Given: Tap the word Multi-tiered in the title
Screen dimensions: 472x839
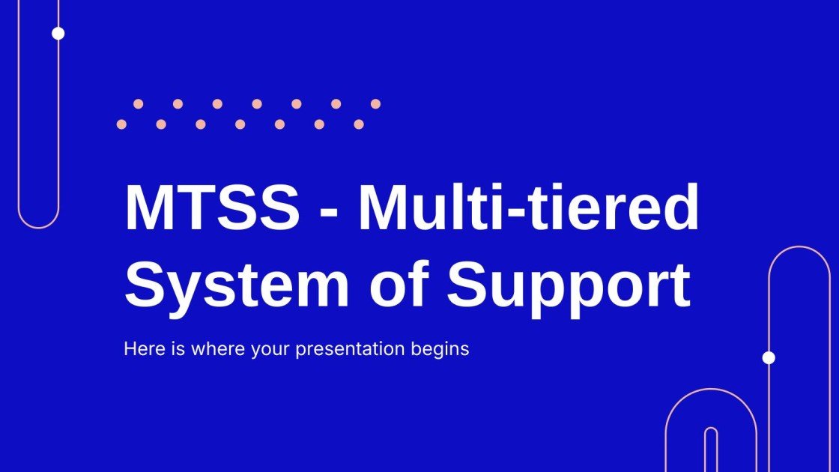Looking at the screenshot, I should (x=528, y=209).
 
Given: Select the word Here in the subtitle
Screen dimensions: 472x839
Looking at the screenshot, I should (x=139, y=348).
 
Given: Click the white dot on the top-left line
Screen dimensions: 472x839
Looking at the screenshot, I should (x=58, y=33).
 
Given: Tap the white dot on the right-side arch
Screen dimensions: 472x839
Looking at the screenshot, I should (x=769, y=357).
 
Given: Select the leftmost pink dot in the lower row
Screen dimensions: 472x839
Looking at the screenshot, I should (x=121, y=124).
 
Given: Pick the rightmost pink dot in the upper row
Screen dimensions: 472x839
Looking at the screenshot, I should (x=375, y=104).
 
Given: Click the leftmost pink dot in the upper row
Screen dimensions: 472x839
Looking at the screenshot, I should (x=138, y=104).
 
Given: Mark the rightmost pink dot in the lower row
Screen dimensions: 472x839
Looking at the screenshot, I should (x=359, y=124).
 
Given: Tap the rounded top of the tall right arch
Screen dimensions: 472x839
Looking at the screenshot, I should (x=799, y=248).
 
